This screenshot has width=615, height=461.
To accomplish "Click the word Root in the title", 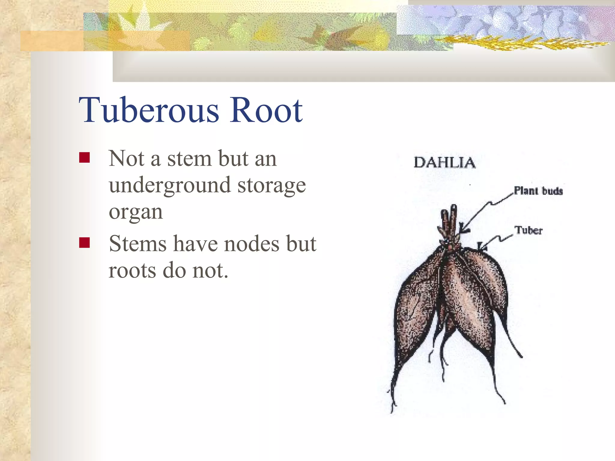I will pyautogui.click(x=266, y=110).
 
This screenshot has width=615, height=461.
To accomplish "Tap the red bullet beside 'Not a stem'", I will pyautogui.click(x=84, y=158).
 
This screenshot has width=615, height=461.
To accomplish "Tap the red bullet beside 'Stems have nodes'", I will pyautogui.click(x=84, y=243).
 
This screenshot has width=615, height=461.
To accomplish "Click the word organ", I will pyautogui.click(x=136, y=212).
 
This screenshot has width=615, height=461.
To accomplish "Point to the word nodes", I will pyautogui.click(x=252, y=244).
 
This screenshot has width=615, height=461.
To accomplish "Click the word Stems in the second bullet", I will pyautogui.click(x=138, y=244).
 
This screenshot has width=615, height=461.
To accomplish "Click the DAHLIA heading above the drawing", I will pyautogui.click(x=444, y=163).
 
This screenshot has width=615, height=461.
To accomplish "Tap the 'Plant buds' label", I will pyautogui.click(x=538, y=191).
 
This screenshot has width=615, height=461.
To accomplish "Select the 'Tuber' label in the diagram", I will pyautogui.click(x=529, y=230).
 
